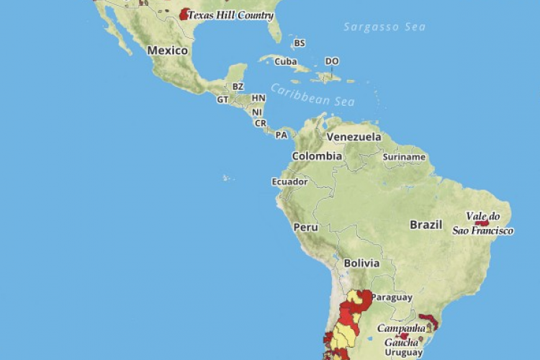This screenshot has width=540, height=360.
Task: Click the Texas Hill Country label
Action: (230, 15)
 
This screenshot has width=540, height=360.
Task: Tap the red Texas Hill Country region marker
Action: (185, 14)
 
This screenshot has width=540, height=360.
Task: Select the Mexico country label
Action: (167, 50)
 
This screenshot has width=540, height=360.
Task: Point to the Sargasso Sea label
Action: (384, 27)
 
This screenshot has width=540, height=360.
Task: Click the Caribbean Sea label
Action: (313, 94)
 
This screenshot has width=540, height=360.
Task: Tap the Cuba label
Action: (285, 62)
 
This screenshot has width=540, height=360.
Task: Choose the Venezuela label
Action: (354, 137)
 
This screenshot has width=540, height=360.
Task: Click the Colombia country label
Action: (317, 156)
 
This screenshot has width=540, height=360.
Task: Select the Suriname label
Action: (404, 157)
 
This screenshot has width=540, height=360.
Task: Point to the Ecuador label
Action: (289, 181)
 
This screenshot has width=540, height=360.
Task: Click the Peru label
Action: (305, 227)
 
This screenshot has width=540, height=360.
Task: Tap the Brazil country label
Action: (426, 225)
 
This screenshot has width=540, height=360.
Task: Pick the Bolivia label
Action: (361, 264)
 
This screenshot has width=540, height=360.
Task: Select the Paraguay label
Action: (392, 297)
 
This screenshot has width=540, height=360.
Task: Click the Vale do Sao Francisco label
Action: (483, 223)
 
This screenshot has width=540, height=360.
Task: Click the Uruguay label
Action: (402, 352)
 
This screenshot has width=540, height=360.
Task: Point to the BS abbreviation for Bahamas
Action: (299, 43)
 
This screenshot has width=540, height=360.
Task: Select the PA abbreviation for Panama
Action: (282, 135)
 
